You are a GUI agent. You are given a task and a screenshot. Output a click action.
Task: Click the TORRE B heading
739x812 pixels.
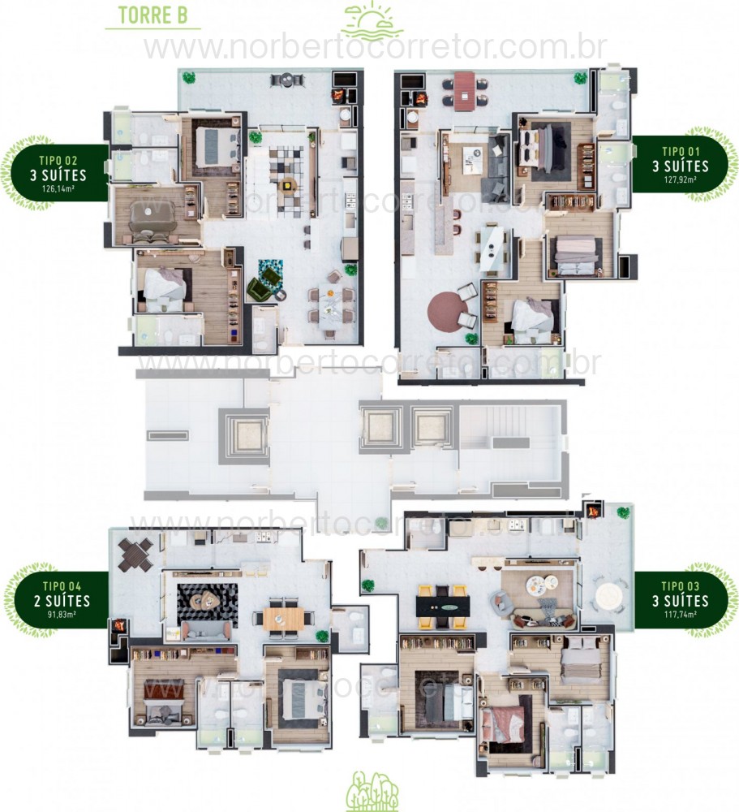(x=153, y=15)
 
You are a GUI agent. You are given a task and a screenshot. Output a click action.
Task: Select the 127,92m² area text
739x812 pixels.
(x=679, y=180)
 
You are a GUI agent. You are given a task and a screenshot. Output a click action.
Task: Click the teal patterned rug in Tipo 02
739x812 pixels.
(x=270, y=268)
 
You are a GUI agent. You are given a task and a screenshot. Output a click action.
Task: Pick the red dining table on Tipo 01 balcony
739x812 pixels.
(x=464, y=90)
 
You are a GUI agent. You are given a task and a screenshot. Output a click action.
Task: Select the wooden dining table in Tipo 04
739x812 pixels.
(x=282, y=618)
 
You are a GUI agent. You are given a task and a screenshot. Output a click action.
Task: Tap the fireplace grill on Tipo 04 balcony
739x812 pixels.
(x=118, y=627)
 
